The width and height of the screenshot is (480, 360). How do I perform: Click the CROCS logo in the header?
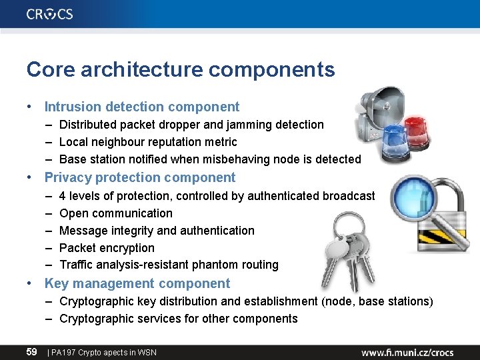point(50,14)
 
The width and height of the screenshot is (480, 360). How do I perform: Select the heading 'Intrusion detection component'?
point(141,107)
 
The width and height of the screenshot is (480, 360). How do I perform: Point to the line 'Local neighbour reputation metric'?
point(148,142)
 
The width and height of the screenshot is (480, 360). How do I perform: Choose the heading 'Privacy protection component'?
point(140,177)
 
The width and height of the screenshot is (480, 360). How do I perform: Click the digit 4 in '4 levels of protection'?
point(63,196)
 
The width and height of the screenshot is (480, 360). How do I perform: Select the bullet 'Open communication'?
point(116,213)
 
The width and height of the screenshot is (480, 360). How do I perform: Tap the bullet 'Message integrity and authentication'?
point(157,231)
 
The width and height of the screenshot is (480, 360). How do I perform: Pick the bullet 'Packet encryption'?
point(107,248)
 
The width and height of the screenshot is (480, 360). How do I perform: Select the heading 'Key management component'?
point(137,283)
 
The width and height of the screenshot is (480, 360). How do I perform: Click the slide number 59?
point(31,351)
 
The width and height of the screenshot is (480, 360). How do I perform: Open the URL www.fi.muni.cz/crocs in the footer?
point(417,351)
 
